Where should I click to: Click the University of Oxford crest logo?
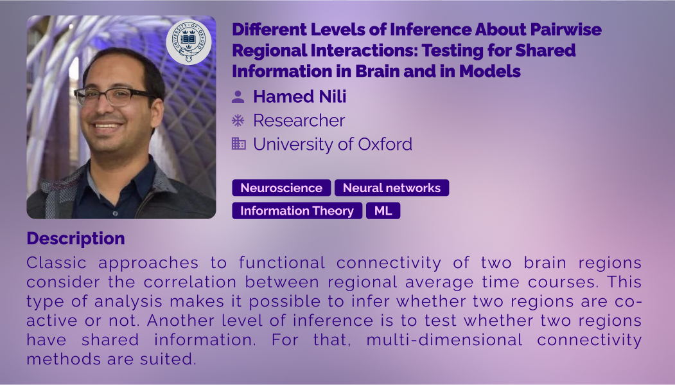189,42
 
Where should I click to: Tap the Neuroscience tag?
281,188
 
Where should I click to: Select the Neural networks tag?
392,188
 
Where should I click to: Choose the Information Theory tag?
297,211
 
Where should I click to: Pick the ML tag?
383,211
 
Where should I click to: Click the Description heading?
76,238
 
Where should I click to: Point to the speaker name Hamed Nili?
300,96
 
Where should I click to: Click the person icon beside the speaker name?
238,96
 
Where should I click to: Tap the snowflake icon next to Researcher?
238,120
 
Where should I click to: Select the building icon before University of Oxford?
238,143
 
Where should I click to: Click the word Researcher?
299,120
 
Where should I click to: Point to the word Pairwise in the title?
566,30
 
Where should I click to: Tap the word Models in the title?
490,71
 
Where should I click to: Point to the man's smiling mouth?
106,126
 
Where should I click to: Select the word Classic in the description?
57,263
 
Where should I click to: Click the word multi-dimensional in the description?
444,340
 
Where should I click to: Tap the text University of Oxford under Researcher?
333,144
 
